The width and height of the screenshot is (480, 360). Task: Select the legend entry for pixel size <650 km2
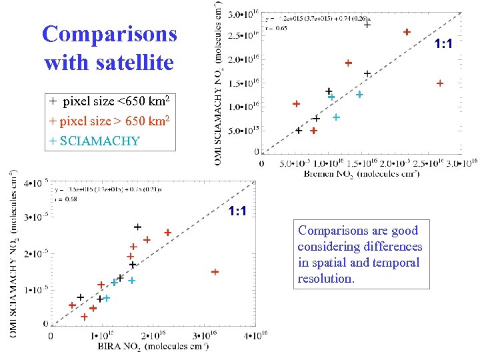pos(109,102)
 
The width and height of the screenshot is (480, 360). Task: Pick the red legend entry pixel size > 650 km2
pos(109,121)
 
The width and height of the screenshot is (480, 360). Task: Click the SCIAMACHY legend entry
pos(95,141)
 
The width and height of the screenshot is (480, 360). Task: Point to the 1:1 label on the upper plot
pos(444,45)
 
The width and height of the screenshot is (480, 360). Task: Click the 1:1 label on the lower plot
pos(237,211)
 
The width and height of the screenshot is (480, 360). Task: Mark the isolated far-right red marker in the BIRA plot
pos(215,272)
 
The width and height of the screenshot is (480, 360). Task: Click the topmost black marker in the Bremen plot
pos(367,25)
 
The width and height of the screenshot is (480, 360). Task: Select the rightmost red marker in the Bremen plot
pos(440,83)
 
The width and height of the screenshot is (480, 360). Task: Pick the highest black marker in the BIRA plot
pos(137,227)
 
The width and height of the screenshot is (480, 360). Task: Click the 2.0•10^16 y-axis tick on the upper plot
pos(243,60)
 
